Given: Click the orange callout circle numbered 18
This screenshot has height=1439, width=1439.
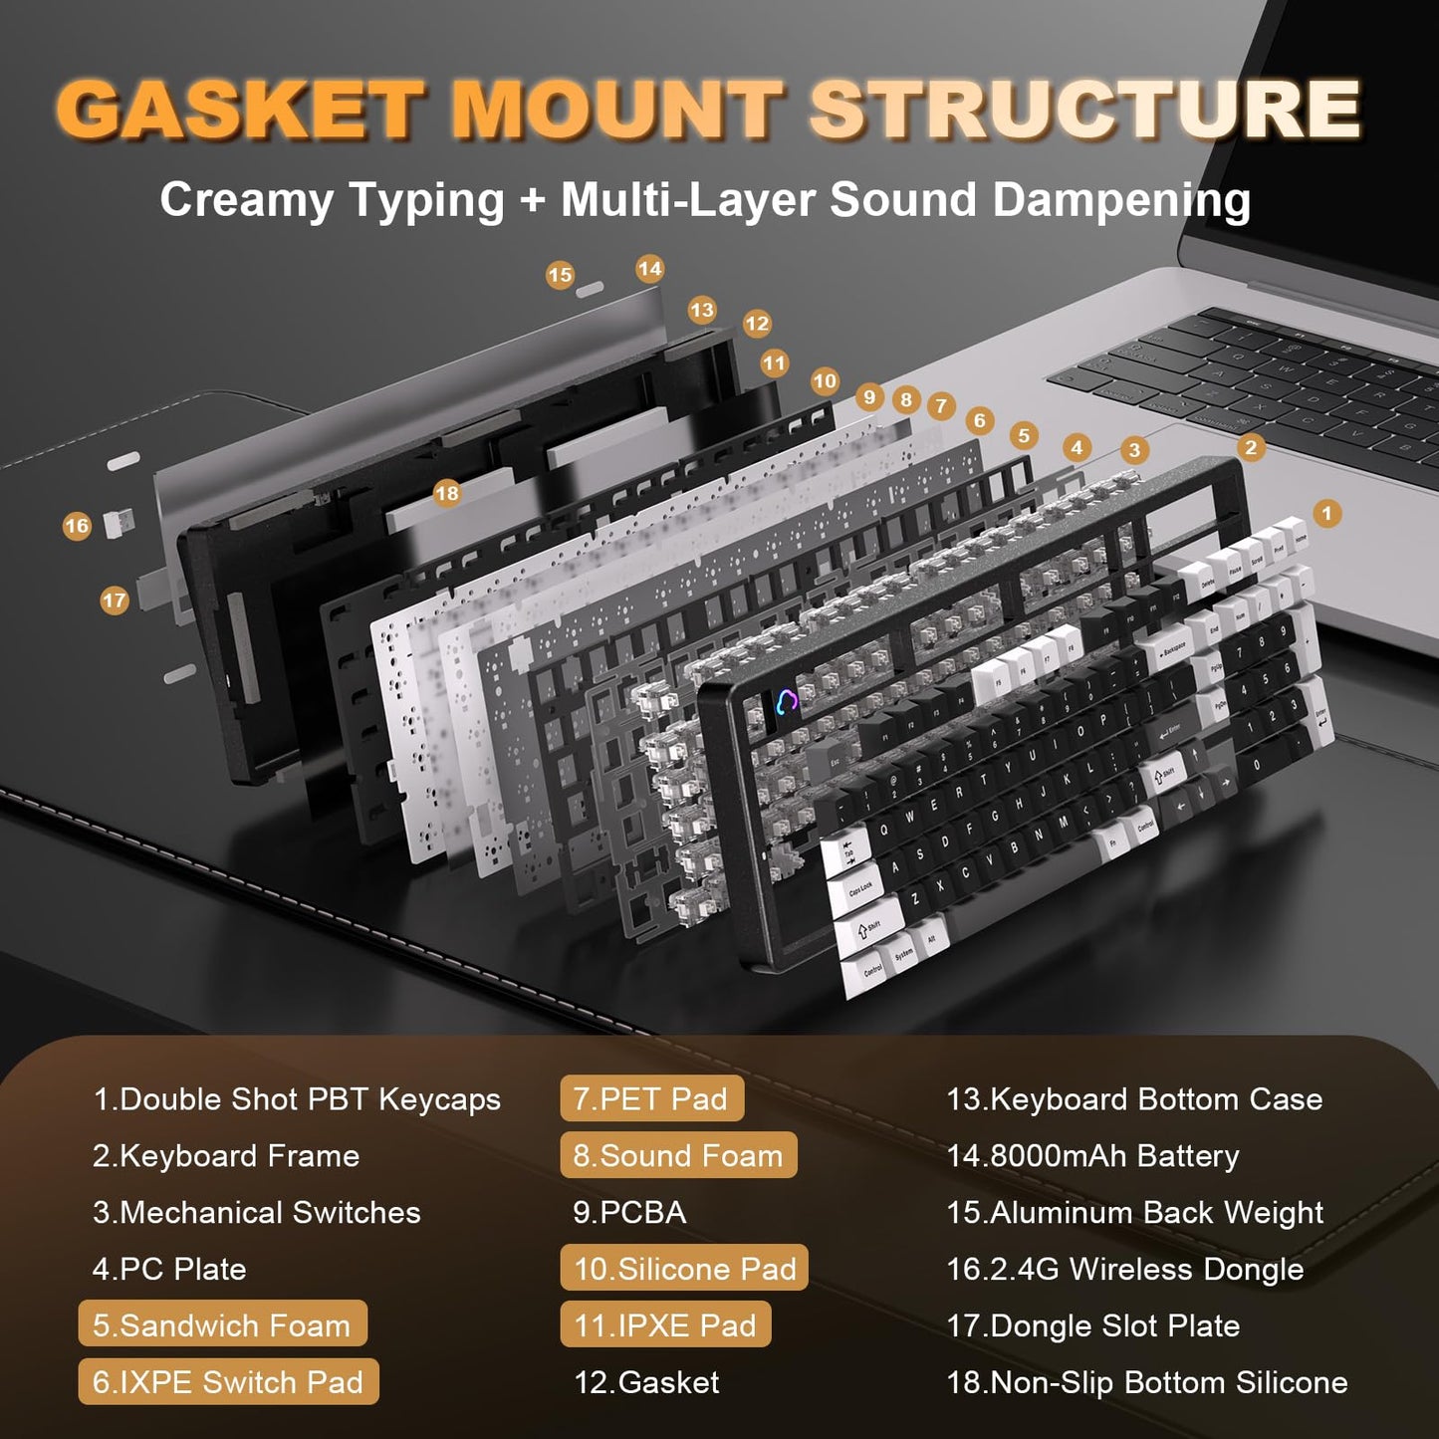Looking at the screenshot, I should pos(447,493).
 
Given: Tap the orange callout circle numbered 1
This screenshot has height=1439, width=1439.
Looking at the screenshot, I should pos(1325,513).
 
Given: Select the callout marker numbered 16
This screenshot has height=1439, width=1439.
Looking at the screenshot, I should pos(77,526).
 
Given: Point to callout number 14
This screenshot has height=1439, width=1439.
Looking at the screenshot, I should pos(649,269).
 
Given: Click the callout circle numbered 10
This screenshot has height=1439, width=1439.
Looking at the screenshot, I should pos(825,380).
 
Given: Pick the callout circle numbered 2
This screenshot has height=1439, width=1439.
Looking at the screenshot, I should pos(1251,447).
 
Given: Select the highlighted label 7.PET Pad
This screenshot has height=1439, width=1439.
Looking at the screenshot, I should pos(651,1098).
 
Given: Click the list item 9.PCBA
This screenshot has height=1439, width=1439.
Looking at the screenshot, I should pos(629,1212).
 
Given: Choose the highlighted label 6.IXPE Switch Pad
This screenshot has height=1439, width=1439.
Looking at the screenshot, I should pos(228,1382).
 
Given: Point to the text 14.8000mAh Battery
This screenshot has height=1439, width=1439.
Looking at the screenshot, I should pos(1092,1155).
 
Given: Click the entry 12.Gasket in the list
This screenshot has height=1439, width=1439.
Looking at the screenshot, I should pos(646,1382).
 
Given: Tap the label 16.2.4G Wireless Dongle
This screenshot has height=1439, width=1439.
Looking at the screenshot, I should pos(1124,1269).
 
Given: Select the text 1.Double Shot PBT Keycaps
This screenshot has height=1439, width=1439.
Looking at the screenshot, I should pos(296,1098).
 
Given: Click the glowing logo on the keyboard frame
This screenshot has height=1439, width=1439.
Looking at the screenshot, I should pos(787,703).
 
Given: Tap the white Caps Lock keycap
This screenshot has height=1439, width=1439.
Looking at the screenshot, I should pos(858,887).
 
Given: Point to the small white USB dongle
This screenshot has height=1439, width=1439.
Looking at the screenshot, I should pos(119,522).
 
